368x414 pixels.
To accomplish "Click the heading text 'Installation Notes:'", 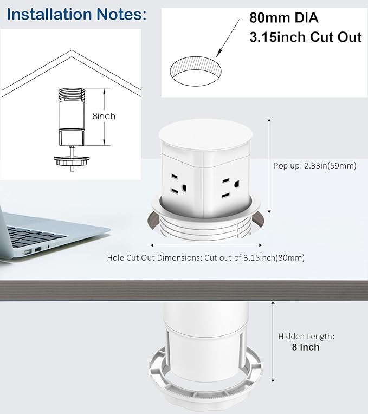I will click(76, 14).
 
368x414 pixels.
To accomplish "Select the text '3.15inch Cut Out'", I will click(305, 37).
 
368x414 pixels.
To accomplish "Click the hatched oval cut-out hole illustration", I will click(197, 72).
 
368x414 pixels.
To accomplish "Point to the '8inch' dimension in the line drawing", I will click(105, 116).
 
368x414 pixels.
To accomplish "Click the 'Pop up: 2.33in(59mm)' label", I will click(314, 166).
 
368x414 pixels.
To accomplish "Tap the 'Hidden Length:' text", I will click(306, 336).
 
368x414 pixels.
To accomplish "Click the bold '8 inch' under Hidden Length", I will click(306, 347).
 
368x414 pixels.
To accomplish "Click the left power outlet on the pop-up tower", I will click(178, 185).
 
